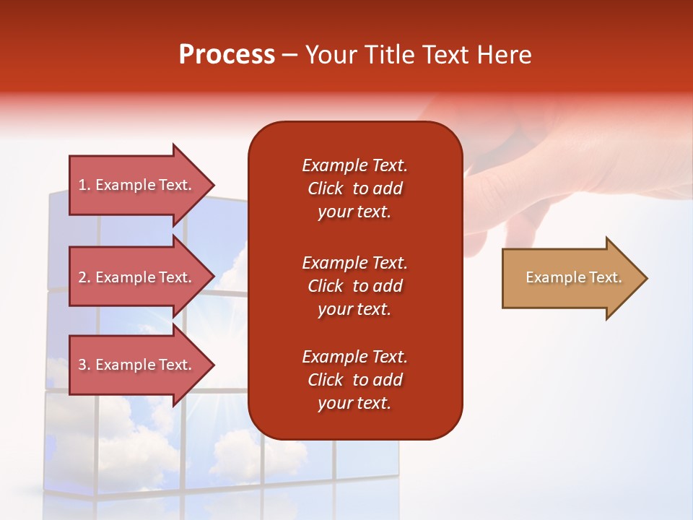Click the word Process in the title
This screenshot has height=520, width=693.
coord(227,55)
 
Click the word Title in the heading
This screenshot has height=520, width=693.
coord(388,55)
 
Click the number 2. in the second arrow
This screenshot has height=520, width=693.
coord(84,277)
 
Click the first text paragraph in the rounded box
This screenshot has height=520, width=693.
coord(354,188)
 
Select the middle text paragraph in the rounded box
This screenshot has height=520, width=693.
coord(354,286)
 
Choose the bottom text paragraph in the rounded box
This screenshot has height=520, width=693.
coord(354,380)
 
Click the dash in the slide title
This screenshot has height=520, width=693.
coord(290,55)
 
